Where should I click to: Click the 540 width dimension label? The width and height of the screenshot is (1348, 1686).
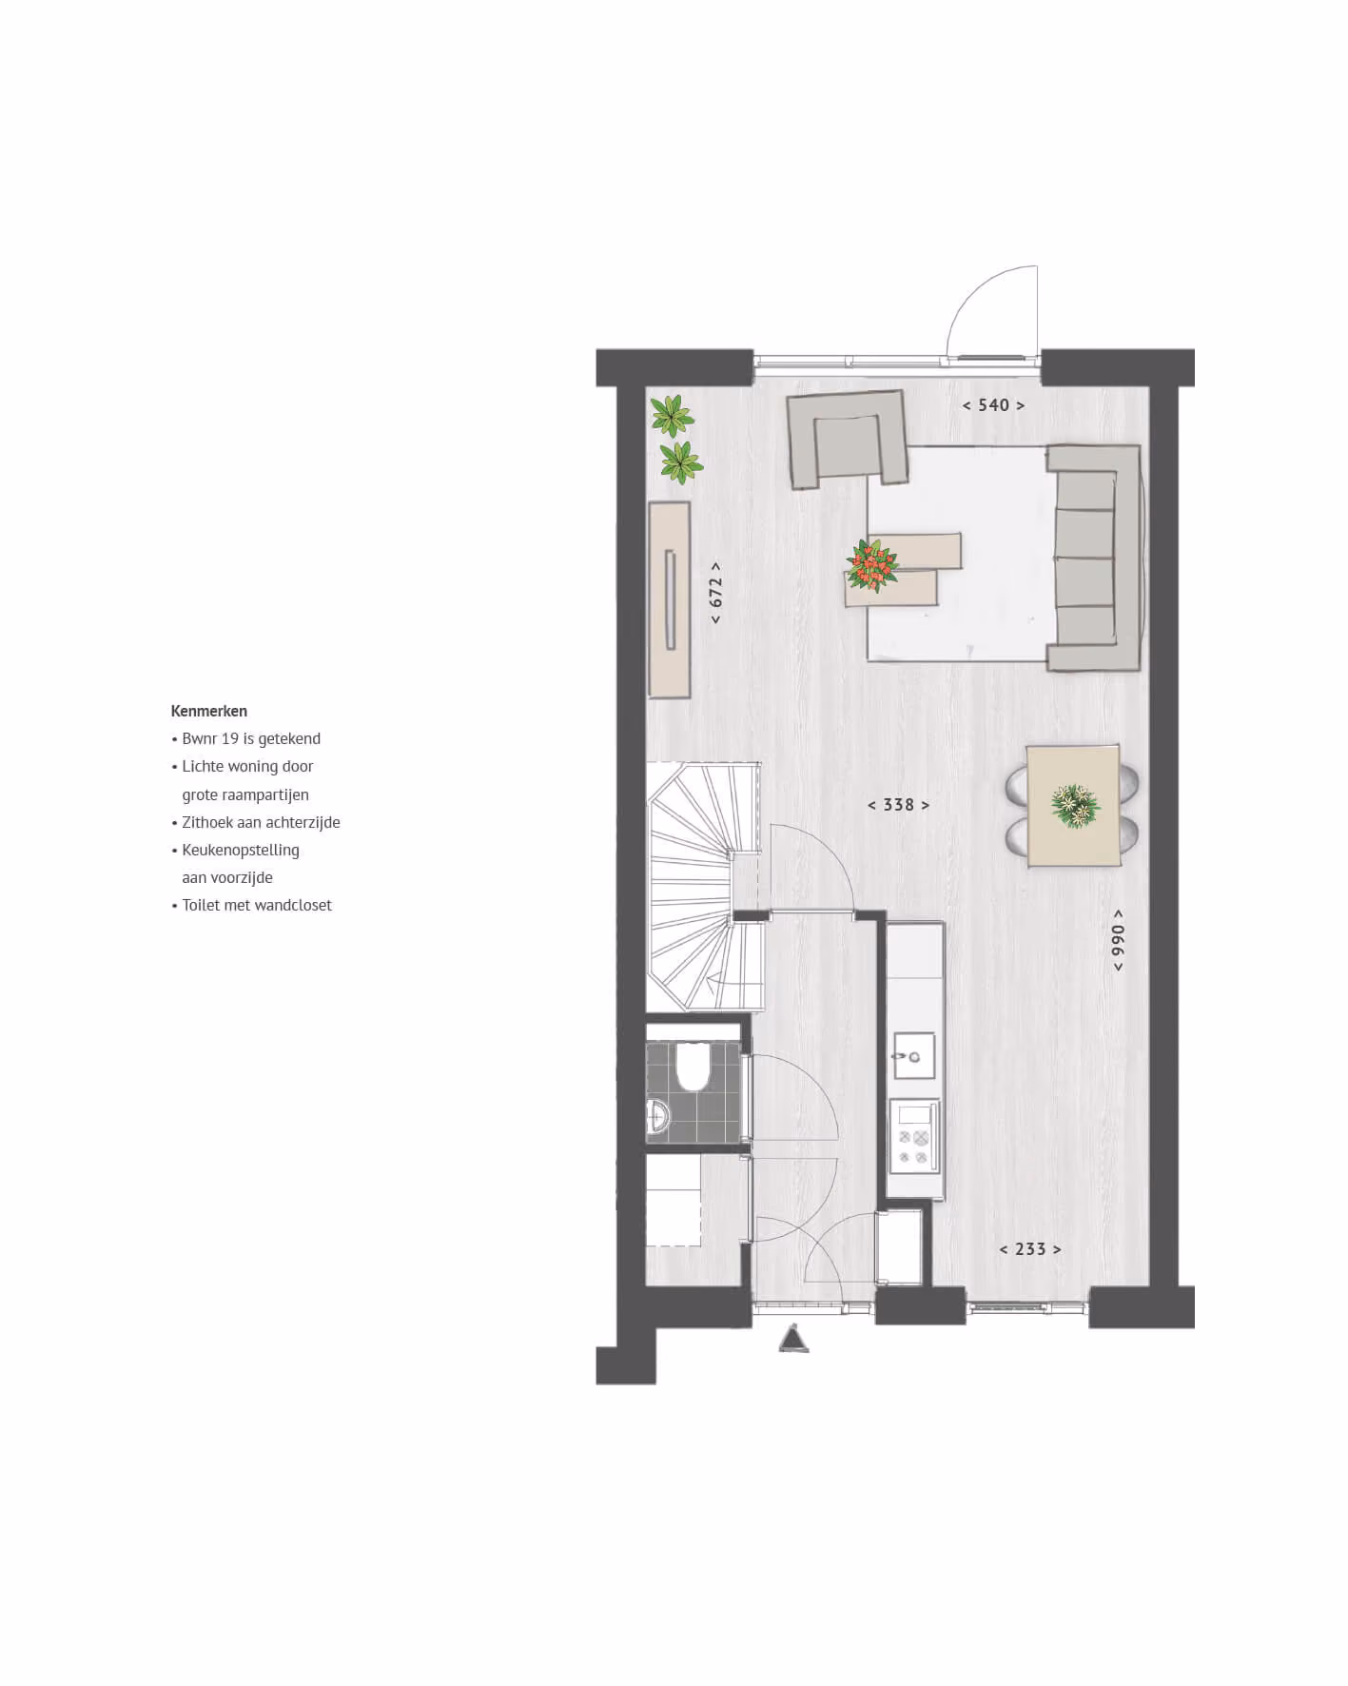click(993, 405)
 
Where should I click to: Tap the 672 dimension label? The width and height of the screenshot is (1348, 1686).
click(715, 593)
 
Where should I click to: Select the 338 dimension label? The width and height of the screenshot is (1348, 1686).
click(898, 805)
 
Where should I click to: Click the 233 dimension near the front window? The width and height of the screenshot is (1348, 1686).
click(1030, 1249)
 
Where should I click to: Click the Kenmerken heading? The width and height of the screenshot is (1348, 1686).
click(209, 711)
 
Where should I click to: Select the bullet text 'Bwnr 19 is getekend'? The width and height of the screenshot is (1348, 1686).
click(251, 738)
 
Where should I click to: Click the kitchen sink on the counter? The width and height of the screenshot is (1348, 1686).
click(913, 1055)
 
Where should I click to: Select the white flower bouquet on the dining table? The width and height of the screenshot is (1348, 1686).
click(1075, 805)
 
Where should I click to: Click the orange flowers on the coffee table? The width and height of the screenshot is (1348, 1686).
click(872, 565)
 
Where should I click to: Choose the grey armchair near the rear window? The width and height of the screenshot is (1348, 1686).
click(847, 439)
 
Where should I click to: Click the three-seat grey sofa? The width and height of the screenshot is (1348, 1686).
click(1095, 559)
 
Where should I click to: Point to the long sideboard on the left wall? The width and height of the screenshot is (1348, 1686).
click(670, 600)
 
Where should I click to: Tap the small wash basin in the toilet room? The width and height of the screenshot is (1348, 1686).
click(657, 1114)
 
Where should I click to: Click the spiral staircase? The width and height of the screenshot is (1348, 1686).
click(704, 887)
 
